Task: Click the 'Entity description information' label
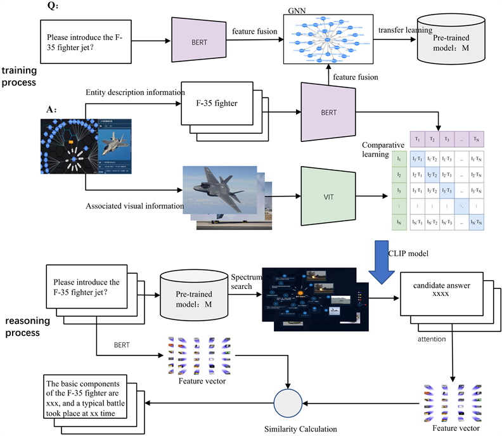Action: [134, 93]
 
